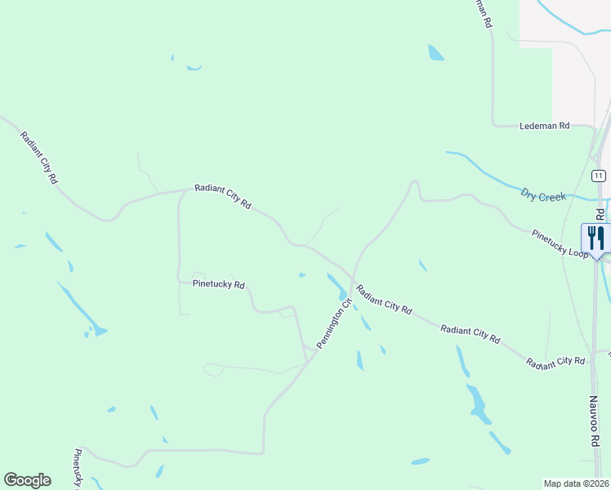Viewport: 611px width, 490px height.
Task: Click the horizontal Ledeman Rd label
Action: coord(544,127)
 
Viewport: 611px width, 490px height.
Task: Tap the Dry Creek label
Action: coord(543,195)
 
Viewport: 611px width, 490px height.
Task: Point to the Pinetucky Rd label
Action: coord(218,285)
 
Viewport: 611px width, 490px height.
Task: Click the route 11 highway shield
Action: coord(599,176)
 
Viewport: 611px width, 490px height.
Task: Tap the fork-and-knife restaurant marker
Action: coord(595,238)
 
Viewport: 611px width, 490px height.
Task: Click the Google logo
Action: coord(27,480)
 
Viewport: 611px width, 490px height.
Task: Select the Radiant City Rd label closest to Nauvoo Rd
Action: coord(556,361)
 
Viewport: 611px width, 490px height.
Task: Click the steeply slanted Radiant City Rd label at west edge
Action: coord(39,157)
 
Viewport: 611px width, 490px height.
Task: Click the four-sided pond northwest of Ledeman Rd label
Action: coord(435,53)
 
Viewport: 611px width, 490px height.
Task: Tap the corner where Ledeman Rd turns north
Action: coord(493,125)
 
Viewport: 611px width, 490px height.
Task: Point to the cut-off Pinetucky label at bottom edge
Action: coord(78,470)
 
